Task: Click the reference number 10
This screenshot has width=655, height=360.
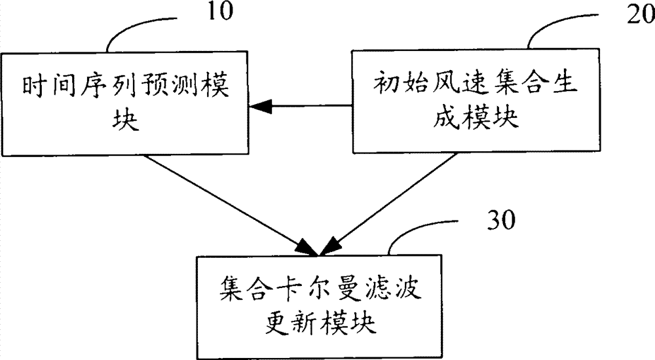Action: (219, 11)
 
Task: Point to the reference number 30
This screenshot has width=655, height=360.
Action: (501, 220)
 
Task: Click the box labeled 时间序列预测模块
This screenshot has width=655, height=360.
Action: (124, 103)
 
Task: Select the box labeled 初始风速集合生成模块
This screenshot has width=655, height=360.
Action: (476, 101)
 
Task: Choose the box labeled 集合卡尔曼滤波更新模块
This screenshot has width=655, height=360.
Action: (320, 306)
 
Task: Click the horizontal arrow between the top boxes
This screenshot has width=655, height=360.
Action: (301, 106)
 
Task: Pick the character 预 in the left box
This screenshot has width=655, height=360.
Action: (154, 86)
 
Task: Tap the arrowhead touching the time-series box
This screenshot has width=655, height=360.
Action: (260, 107)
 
